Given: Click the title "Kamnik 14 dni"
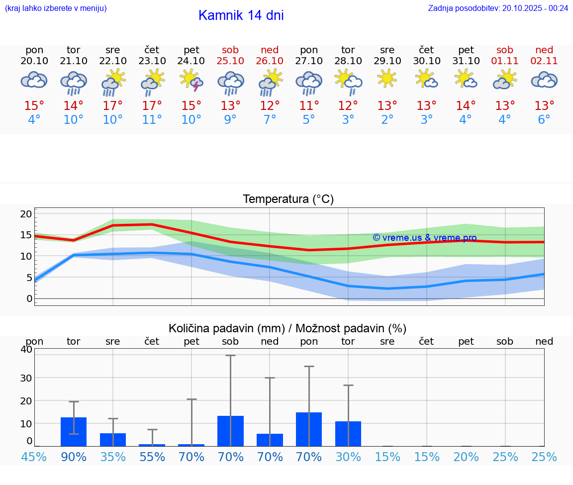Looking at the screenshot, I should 241,15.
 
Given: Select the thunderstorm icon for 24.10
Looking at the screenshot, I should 191,81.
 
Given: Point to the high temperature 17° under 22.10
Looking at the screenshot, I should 113,106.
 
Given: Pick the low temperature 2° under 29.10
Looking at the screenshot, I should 387,120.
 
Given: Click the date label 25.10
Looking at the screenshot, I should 230,61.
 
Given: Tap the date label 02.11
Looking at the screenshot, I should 544,61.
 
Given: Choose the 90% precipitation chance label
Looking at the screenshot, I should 74,457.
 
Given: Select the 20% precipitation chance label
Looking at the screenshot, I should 466,457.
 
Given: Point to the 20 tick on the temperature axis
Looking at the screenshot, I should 26,214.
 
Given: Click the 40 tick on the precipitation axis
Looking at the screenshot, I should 26,349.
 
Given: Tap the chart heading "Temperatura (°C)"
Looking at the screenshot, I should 288,199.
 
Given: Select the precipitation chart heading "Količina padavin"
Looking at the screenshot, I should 287,328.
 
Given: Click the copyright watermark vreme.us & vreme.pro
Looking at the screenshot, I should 424,238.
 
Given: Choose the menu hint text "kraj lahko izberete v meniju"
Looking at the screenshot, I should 56,8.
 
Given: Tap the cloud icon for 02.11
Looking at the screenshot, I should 544,80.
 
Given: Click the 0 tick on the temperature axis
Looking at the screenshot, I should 29,298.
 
